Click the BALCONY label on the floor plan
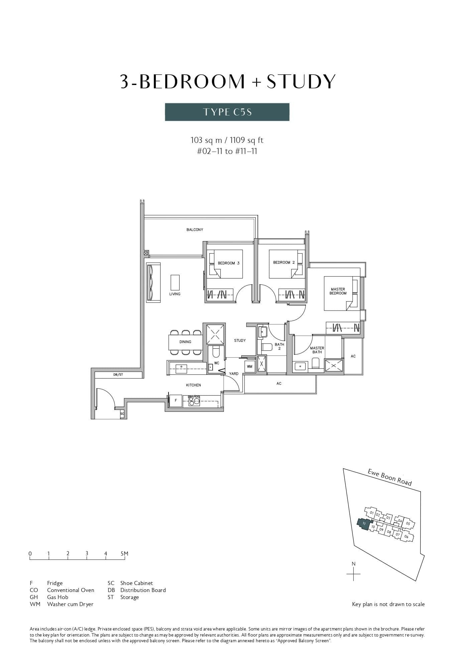[195, 230]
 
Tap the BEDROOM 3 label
[228, 263]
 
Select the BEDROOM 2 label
[284, 262]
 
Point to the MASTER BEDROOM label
[338, 291]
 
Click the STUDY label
[240, 340]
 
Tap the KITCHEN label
[193, 385]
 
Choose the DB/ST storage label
[118, 374]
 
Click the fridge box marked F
[176, 400]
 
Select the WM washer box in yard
[249, 366]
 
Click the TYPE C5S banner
[227, 112]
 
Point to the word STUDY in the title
[301, 81]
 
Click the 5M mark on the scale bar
[124, 554]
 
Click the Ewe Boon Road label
[389, 477]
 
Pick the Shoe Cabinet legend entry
[136, 583]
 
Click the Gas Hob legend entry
[58, 597]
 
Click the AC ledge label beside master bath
[353, 356]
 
